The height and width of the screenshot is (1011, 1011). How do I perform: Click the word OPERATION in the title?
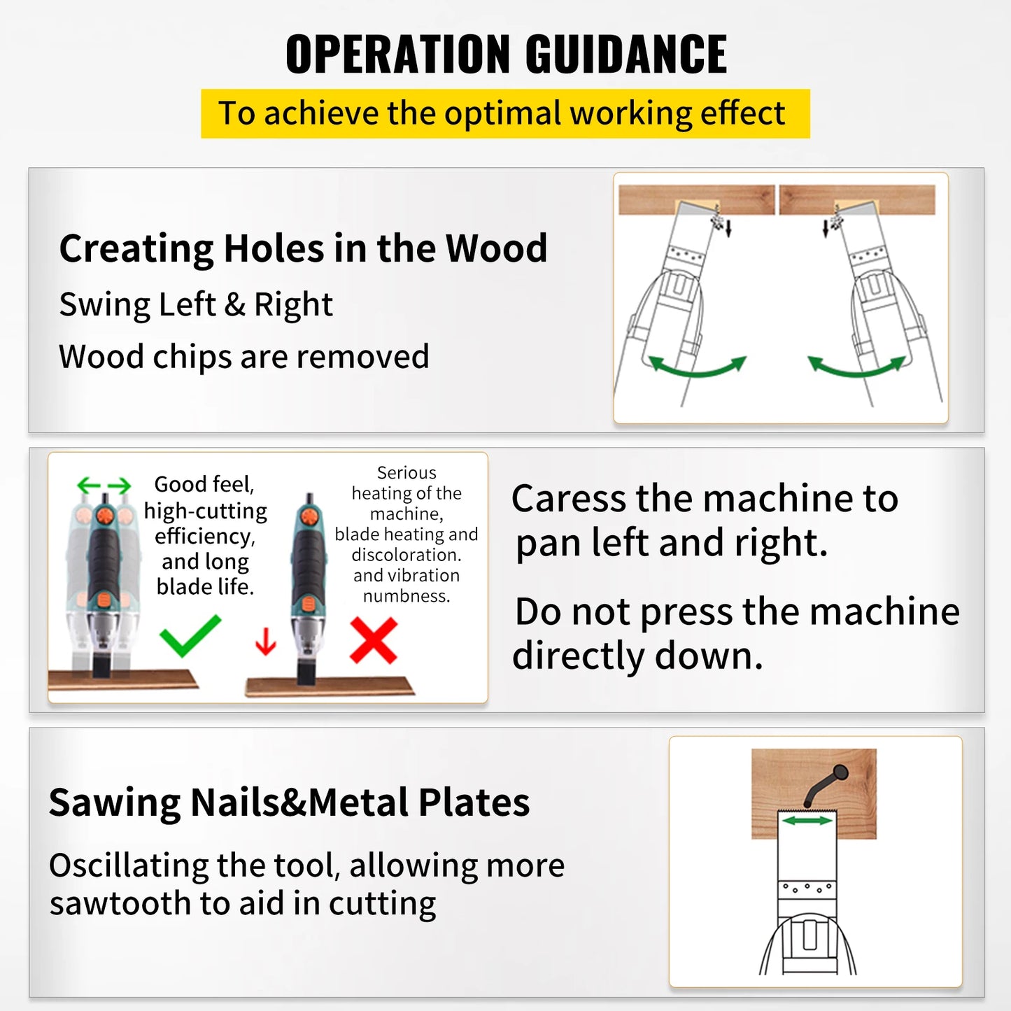pos(399,55)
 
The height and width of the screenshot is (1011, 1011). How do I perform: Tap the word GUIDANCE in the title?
pos(626,55)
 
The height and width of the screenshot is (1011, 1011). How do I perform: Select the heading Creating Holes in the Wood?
pos(303,248)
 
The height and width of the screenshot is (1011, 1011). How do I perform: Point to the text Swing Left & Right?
pos(196,305)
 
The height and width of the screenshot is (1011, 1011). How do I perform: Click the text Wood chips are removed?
pos(243,357)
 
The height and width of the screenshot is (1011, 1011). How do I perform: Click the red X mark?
pos(374,640)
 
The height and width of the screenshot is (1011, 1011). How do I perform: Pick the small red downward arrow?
pos(265,641)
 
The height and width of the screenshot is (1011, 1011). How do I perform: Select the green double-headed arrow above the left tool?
pos(104,485)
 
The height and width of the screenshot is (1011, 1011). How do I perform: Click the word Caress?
pos(568,499)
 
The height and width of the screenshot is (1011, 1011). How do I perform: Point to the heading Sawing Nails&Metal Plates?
pos(289,803)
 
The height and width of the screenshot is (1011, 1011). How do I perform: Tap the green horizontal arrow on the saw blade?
pos(807,820)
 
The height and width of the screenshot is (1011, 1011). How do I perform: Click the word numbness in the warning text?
pos(406,596)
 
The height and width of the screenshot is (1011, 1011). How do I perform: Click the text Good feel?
pos(204,484)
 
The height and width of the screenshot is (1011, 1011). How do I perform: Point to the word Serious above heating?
pos(406,473)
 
